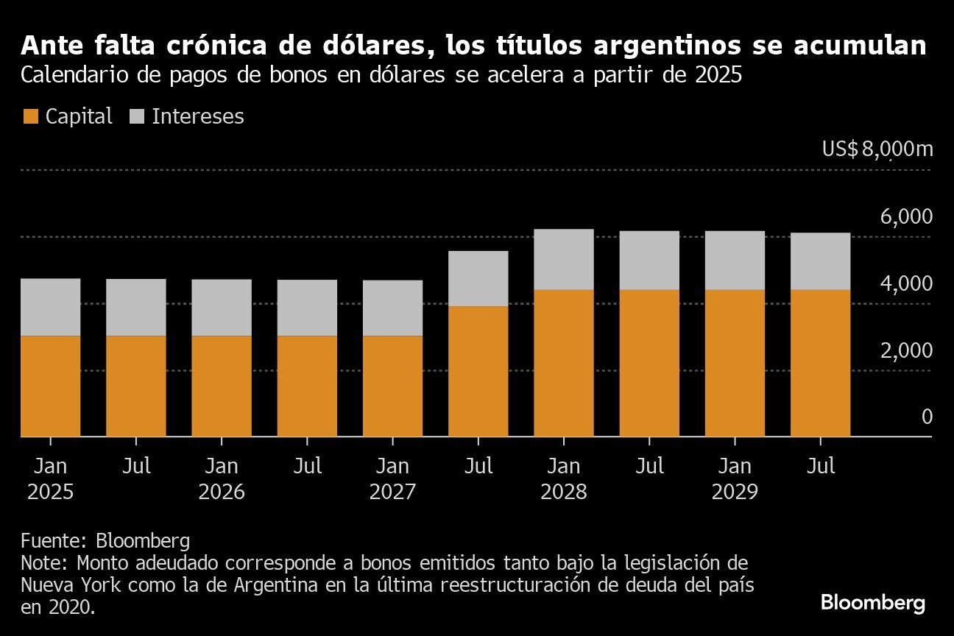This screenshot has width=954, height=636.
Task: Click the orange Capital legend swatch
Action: (30, 116)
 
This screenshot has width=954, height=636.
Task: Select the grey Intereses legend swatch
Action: (137, 116)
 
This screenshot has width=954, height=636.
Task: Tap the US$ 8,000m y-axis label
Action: (877, 149)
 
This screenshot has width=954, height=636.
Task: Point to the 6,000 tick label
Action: (905, 217)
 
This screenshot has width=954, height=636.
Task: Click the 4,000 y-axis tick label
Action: (905, 283)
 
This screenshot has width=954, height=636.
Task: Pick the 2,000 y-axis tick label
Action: (905, 350)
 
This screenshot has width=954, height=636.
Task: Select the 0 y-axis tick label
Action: (927, 417)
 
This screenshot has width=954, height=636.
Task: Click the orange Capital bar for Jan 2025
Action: (50, 386)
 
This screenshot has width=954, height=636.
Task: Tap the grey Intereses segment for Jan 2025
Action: (50, 307)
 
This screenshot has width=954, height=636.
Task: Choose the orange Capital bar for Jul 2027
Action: (478, 372)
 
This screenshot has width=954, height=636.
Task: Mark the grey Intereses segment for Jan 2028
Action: (563, 259)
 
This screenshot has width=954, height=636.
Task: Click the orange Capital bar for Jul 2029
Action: (820, 363)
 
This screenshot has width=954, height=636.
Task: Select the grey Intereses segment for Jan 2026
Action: (222, 308)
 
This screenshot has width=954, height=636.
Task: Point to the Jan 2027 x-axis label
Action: (392, 478)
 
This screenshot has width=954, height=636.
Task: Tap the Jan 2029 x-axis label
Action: (735, 478)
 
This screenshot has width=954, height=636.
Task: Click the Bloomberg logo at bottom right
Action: (873, 603)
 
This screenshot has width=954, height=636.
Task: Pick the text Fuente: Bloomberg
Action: (105, 541)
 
